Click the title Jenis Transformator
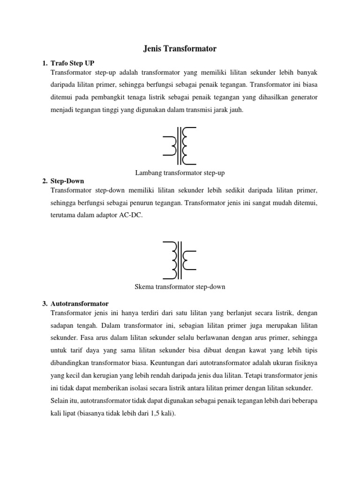[x=180, y=48]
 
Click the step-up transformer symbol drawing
[x=180, y=145]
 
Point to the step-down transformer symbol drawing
[x=180, y=260]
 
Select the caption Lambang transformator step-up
[x=180, y=173]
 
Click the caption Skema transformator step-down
[x=180, y=287]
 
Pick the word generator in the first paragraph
[x=304, y=97]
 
